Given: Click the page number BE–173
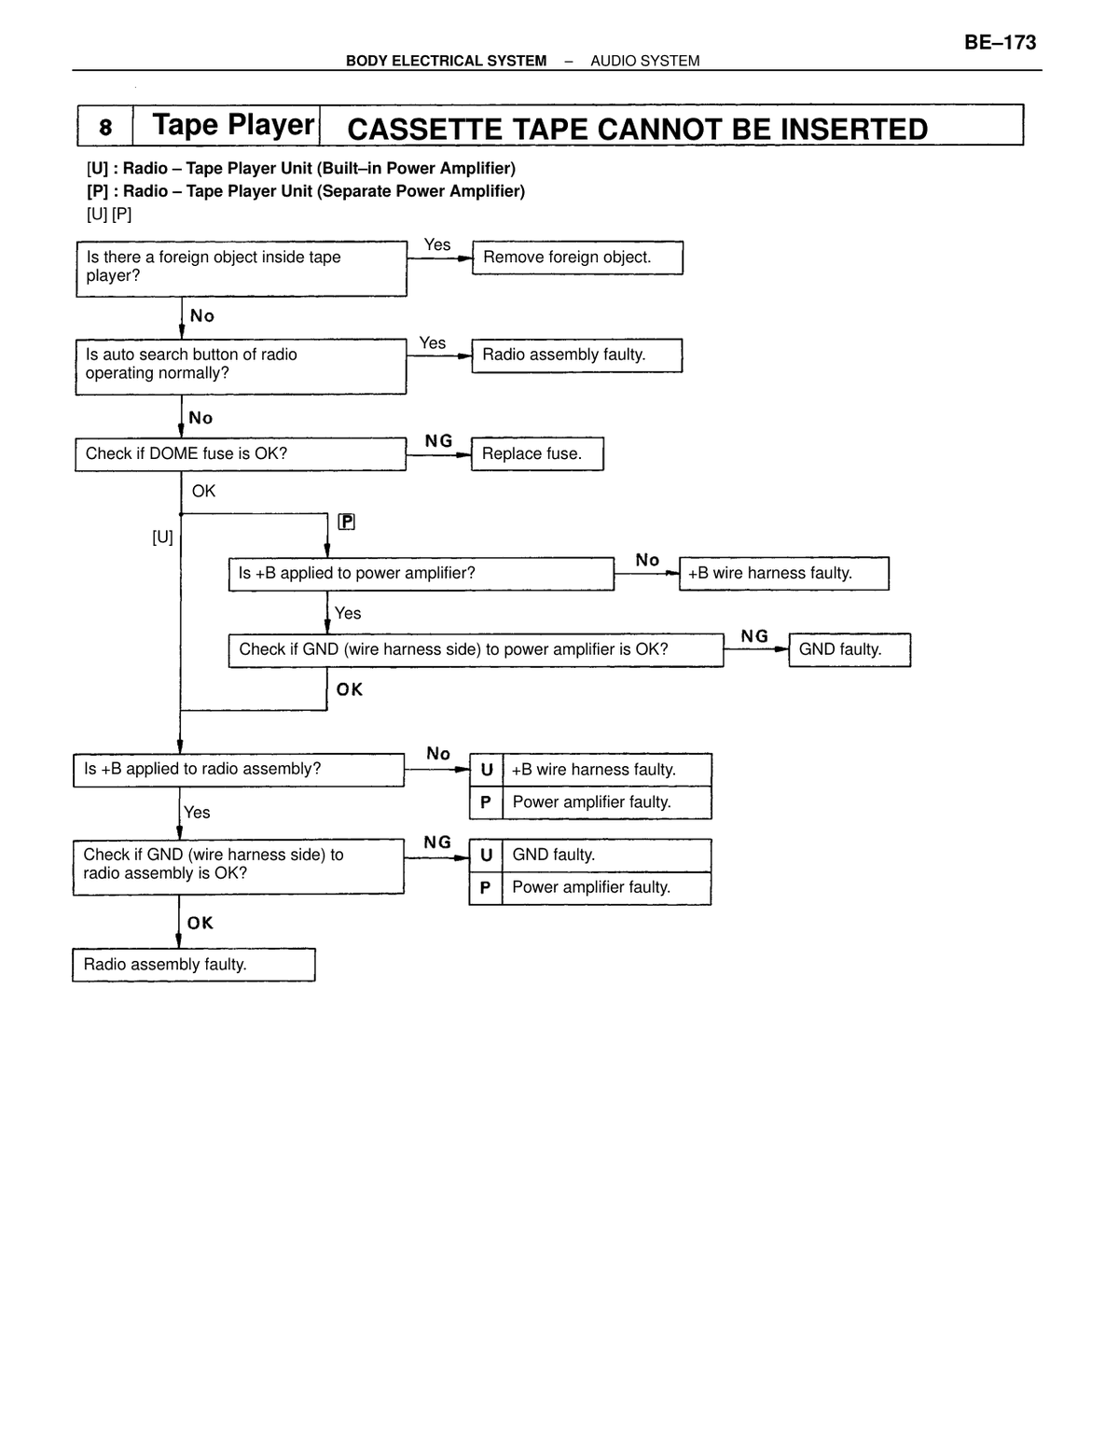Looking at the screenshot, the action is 1000,43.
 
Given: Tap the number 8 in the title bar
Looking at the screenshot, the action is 105,127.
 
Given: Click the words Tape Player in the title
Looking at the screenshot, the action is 233,125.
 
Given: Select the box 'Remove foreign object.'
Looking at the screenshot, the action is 577,258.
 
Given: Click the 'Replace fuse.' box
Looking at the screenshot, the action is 537,453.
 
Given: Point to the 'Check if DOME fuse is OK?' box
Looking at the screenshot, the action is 241,454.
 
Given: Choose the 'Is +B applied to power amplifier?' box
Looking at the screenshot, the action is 421,574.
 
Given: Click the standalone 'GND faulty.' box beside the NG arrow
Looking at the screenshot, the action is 850,649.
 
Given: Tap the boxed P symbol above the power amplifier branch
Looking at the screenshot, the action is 346,522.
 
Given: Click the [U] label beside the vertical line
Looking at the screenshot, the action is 162,537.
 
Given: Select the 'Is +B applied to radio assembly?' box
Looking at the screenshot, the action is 239,770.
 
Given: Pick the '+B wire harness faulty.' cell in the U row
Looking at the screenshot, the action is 606,770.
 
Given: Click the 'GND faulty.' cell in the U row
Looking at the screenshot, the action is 606,855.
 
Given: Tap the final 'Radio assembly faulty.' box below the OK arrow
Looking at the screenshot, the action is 193,964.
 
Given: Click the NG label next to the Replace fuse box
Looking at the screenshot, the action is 438,440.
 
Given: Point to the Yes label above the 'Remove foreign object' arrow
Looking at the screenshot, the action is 437,244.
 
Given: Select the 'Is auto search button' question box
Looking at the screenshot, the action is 241,367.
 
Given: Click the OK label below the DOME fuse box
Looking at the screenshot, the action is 203,491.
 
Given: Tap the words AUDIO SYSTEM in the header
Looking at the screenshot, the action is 644,61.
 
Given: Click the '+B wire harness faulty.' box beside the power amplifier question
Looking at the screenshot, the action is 783,574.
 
